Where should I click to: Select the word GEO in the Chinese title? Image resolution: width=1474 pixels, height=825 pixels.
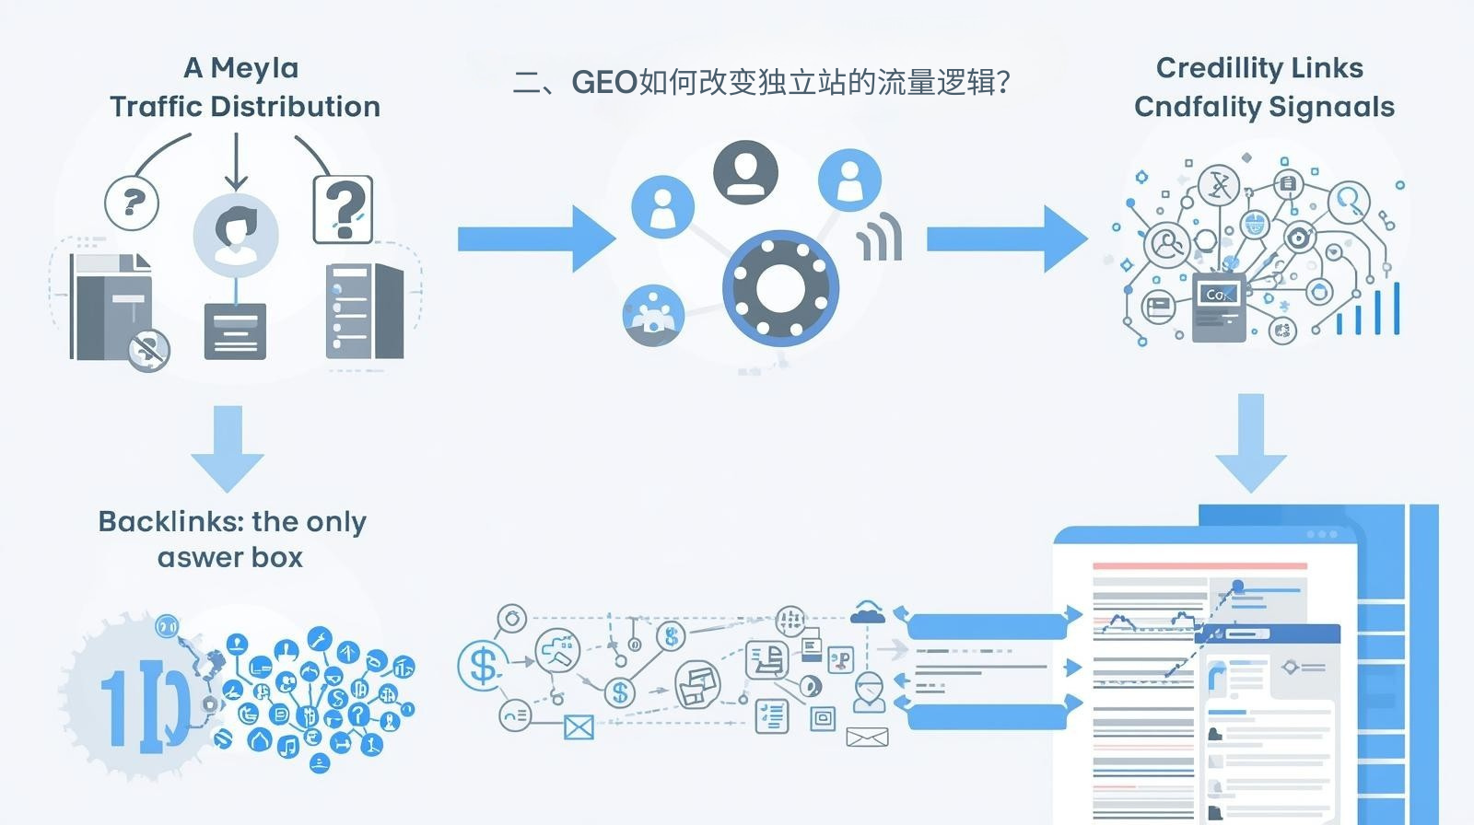[604, 83]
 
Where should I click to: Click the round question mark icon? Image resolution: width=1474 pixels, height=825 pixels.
[132, 203]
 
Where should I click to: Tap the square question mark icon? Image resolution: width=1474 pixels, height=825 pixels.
[343, 211]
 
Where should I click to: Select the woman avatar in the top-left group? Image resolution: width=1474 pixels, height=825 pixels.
[236, 233]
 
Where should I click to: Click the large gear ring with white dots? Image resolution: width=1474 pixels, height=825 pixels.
[780, 287]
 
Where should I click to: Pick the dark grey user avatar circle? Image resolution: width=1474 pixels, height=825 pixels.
[745, 172]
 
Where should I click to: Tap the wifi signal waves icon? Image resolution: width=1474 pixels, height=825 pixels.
[880, 238]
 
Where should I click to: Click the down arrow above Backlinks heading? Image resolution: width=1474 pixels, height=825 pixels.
[228, 448]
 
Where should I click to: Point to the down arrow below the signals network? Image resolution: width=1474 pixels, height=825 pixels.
[1250, 443]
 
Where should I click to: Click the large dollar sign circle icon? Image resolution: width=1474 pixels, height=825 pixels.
[482, 664]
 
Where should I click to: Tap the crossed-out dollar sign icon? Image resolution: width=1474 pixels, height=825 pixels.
[148, 350]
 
